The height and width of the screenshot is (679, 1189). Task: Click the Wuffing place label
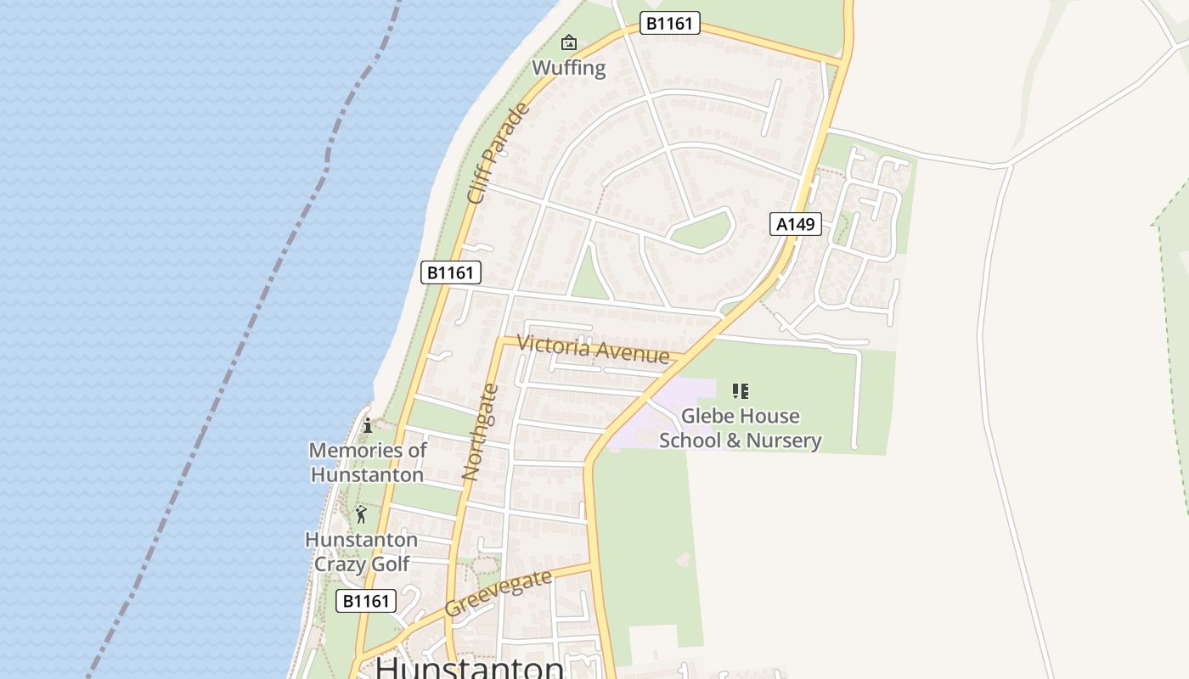point(568,68)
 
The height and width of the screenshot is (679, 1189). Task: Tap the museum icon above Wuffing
point(568,42)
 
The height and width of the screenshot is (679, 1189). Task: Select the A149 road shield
point(796,224)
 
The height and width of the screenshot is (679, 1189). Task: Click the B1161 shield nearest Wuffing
point(669,23)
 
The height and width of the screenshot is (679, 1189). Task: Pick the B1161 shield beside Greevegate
point(366,601)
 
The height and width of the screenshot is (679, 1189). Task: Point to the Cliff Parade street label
point(499,154)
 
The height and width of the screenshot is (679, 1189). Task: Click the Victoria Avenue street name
point(593,348)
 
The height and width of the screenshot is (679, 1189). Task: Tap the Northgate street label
point(480,433)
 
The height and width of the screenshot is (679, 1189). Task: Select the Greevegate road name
point(498,593)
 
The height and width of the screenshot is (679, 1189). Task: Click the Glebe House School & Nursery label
point(740,428)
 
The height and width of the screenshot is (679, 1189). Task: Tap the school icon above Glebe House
point(740,391)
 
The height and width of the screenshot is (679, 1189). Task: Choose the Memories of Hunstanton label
point(367,462)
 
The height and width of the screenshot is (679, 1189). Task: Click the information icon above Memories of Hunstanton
point(368,425)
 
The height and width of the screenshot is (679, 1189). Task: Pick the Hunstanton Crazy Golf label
point(361,552)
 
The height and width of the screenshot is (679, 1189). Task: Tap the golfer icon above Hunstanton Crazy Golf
point(361,514)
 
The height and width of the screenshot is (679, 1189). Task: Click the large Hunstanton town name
point(470,668)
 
